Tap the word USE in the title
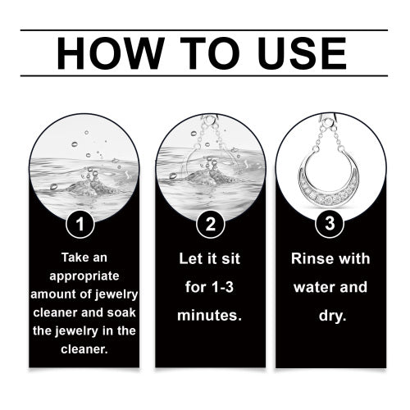pyautogui.click(x=302, y=53)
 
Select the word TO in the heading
pyautogui.click(x=210, y=53)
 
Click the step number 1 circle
pyautogui.click(x=80, y=224)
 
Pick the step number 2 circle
pyautogui.click(x=211, y=224)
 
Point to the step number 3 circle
pyautogui.click(x=330, y=223)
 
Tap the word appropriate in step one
pyautogui.click(x=84, y=276)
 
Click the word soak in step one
pyautogui.click(x=121, y=312)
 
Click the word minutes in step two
pyautogui.click(x=207, y=316)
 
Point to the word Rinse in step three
pyautogui.click(x=308, y=258)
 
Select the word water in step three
pyautogui.click(x=310, y=287)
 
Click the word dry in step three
pyautogui.click(x=330, y=317)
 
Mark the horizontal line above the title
pyautogui.click(x=204, y=30)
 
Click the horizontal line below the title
pyautogui.click(x=204, y=75)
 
